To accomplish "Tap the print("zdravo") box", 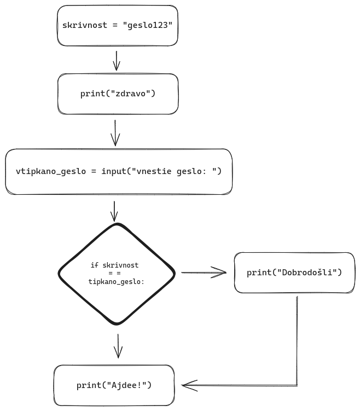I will (118, 94).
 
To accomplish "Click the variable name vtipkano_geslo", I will (50, 171).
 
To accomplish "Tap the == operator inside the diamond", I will (117, 273).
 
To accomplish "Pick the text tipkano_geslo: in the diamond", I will (116, 281).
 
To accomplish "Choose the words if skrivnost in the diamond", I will (114, 265).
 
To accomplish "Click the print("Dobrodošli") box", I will (294, 273).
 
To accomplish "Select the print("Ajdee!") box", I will (114, 385).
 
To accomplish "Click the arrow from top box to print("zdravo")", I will (116, 61).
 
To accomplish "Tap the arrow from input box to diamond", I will (115, 210).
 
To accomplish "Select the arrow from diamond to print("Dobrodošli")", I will (204, 273).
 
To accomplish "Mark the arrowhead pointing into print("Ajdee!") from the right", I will (186, 385).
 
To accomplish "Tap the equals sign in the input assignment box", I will (93, 171).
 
